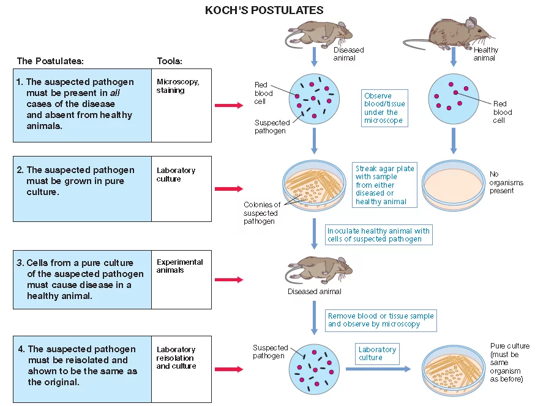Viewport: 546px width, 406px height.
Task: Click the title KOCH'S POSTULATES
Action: click(x=264, y=10)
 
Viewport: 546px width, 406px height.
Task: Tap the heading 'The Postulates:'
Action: click(x=50, y=61)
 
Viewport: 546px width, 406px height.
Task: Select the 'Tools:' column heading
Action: click(x=170, y=61)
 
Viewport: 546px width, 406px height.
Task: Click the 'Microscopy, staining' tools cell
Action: click(x=181, y=105)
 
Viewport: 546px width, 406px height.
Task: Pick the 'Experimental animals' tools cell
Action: click(x=181, y=279)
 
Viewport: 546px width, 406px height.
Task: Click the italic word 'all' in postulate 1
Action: click(x=115, y=93)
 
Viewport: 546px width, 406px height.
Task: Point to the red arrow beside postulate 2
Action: click(x=229, y=189)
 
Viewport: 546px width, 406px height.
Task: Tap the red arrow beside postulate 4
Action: click(x=229, y=369)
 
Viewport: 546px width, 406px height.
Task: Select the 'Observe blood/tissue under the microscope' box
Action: click(x=384, y=108)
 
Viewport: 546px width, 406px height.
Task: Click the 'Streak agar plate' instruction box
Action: click(x=384, y=185)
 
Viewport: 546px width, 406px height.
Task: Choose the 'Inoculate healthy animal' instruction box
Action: click(x=378, y=235)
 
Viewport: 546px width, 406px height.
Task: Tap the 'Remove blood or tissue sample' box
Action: click(x=381, y=320)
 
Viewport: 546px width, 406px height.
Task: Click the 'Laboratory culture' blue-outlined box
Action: click(x=377, y=354)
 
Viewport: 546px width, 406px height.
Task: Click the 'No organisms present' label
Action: click(x=506, y=182)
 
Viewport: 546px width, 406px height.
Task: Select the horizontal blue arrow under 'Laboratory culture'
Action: click(x=378, y=369)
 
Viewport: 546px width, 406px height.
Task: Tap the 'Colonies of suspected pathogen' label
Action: click(x=261, y=213)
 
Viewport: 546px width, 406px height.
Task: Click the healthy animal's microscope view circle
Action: click(x=454, y=99)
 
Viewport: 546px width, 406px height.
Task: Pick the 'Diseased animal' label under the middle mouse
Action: click(x=314, y=292)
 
